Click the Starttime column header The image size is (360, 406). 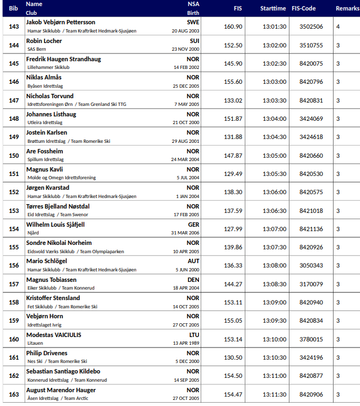point(273,8)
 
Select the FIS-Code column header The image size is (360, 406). point(303,8)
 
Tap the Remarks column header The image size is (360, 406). point(347,8)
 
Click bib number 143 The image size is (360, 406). point(14,26)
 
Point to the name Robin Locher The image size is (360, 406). point(44,41)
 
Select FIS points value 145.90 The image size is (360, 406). point(233,63)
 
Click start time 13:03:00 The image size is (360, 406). point(274,82)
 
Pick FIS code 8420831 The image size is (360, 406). point(311,100)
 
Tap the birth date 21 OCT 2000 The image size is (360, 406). point(186,122)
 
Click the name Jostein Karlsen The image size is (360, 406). point(47,132)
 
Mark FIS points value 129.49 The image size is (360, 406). point(233,174)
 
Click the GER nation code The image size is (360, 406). point(194,225)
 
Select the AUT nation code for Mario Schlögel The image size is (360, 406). point(194,261)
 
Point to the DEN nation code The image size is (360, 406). point(194,280)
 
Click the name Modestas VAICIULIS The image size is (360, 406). point(53,334)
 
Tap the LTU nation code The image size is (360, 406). point(194,334)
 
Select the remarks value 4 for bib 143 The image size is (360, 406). point(338,26)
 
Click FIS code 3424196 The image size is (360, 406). point(311,357)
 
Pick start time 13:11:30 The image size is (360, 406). point(274,394)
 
